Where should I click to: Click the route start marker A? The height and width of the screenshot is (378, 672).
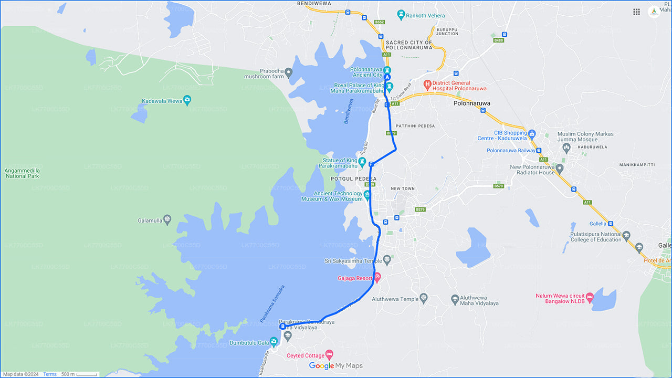coord(388,77)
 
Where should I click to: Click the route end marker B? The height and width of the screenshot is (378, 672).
coord(283,326)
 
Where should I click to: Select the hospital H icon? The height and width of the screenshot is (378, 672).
coord(427,84)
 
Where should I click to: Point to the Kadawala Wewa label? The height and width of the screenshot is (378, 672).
coord(162,101)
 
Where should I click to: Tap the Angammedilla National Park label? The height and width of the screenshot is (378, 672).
coord(22,173)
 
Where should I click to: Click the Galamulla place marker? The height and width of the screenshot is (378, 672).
coord(167,219)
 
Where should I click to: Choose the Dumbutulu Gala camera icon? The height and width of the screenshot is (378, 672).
coord(274,341)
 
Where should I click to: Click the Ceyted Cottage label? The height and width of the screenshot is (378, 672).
coord(306,356)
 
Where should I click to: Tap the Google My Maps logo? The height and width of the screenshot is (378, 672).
coord(335,365)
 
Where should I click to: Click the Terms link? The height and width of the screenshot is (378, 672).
coord(50,374)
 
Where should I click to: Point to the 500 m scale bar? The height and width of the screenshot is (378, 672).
coord(79,374)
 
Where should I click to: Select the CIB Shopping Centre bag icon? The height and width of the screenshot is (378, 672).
coord(531,134)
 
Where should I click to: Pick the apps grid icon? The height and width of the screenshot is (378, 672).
coord(636,12)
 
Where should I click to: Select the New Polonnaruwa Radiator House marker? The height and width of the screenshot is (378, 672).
coord(560,169)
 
